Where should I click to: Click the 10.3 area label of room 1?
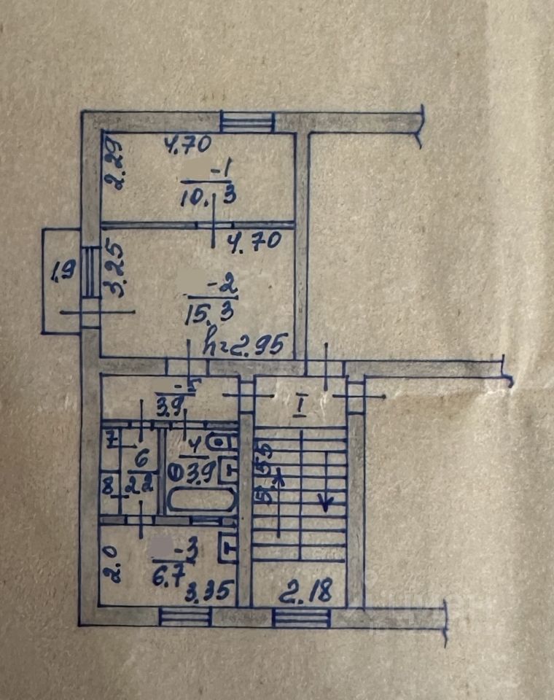[x=206, y=195]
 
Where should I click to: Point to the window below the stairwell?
[x=301, y=618]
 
